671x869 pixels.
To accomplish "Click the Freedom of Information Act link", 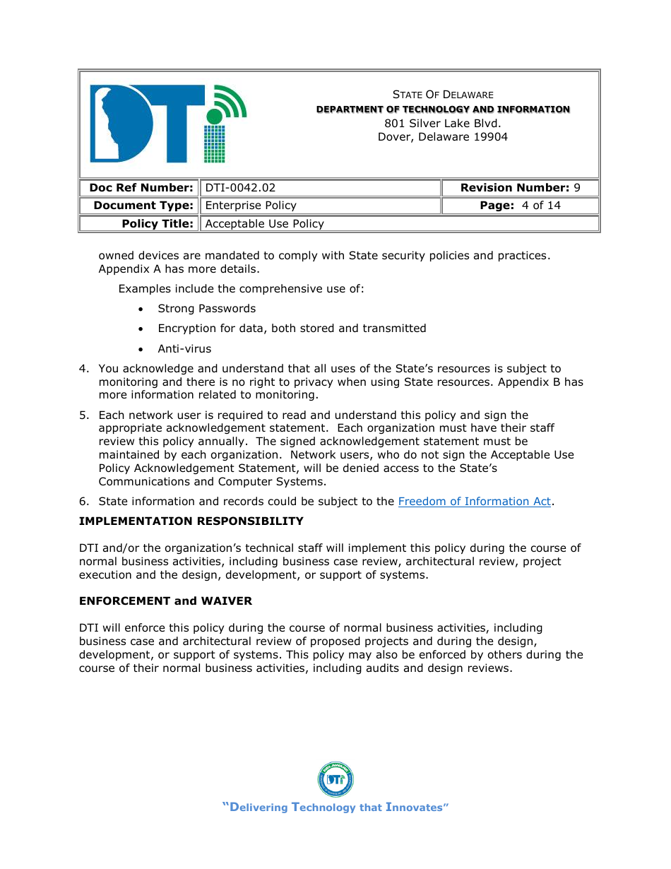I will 474,502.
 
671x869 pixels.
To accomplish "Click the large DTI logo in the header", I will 167,124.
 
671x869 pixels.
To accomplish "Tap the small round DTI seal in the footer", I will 335,780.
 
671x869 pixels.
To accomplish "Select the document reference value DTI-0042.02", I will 240,188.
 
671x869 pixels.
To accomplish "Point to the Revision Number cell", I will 520,188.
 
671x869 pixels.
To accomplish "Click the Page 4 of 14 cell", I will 520,206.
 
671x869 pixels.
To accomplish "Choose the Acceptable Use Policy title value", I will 264,224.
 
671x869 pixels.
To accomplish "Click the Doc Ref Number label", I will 141,188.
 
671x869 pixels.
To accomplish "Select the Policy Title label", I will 157,224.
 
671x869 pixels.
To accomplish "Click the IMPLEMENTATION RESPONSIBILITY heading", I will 191,521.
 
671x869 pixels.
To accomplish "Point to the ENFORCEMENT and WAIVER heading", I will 165,601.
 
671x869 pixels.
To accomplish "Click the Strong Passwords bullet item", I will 206,309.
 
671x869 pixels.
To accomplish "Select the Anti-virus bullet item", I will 184,349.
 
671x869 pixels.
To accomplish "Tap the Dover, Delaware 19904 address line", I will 443,137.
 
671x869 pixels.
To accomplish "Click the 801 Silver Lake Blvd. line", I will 443,123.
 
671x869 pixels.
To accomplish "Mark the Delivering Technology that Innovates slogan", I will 335,808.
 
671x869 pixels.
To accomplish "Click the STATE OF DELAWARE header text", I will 443,95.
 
